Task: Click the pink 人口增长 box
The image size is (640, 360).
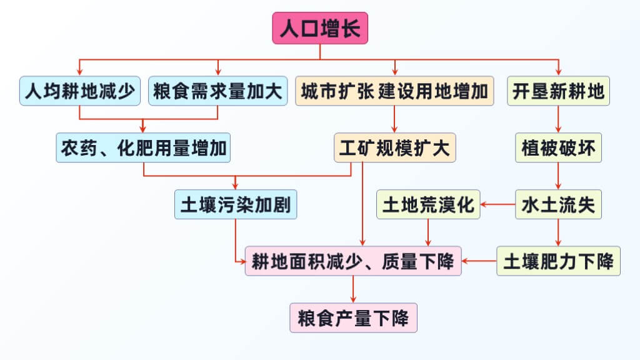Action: click(320, 28)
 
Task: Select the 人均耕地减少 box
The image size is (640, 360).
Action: click(80, 91)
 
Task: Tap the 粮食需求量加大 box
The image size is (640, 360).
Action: click(218, 91)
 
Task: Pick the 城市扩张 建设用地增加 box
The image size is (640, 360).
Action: click(394, 91)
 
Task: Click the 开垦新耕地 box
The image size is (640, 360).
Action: click(558, 91)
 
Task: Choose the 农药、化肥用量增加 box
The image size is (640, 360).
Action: click(144, 148)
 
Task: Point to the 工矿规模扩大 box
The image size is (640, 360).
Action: click(394, 148)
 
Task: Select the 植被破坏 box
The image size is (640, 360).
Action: click(558, 148)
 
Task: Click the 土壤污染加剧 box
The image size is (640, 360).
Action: click(235, 204)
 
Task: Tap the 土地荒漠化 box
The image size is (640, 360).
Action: click(428, 204)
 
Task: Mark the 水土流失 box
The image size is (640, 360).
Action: click(558, 204)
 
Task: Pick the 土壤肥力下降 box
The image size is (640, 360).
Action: click(558, 261)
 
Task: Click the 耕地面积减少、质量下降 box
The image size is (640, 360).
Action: click(353, 261)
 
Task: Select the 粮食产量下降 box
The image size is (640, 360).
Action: click(353, 317)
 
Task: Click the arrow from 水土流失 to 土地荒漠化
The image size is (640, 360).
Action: click(497, 204)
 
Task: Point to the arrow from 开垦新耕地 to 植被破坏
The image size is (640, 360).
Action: click(558, 119)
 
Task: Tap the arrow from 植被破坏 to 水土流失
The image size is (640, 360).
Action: click(558, 176)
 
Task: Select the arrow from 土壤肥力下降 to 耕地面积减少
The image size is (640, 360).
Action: click(479, 261)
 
